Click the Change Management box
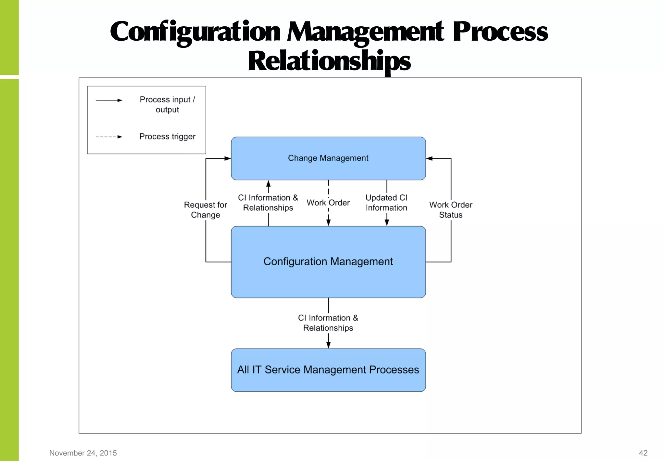pos(328,158)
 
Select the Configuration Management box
pos(328,262)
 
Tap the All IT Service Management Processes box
pos(328,370)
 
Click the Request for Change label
pos(206,210)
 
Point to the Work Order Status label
pos(451,210)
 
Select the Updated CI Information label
pos(386,203)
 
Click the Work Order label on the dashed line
pos(328,203)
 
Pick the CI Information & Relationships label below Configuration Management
pos(328,323)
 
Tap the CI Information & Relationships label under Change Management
pos(268,203)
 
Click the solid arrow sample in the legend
pos(109,100)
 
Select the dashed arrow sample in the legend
pos(109,137)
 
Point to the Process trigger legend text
pos(167,137)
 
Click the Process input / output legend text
pos(167,104)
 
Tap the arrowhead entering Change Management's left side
pos(228,158)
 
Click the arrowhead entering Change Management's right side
pos(429,158)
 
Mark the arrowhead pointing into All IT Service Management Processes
pos(328,345)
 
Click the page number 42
pos(643,453)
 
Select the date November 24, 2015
pos(83,453)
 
